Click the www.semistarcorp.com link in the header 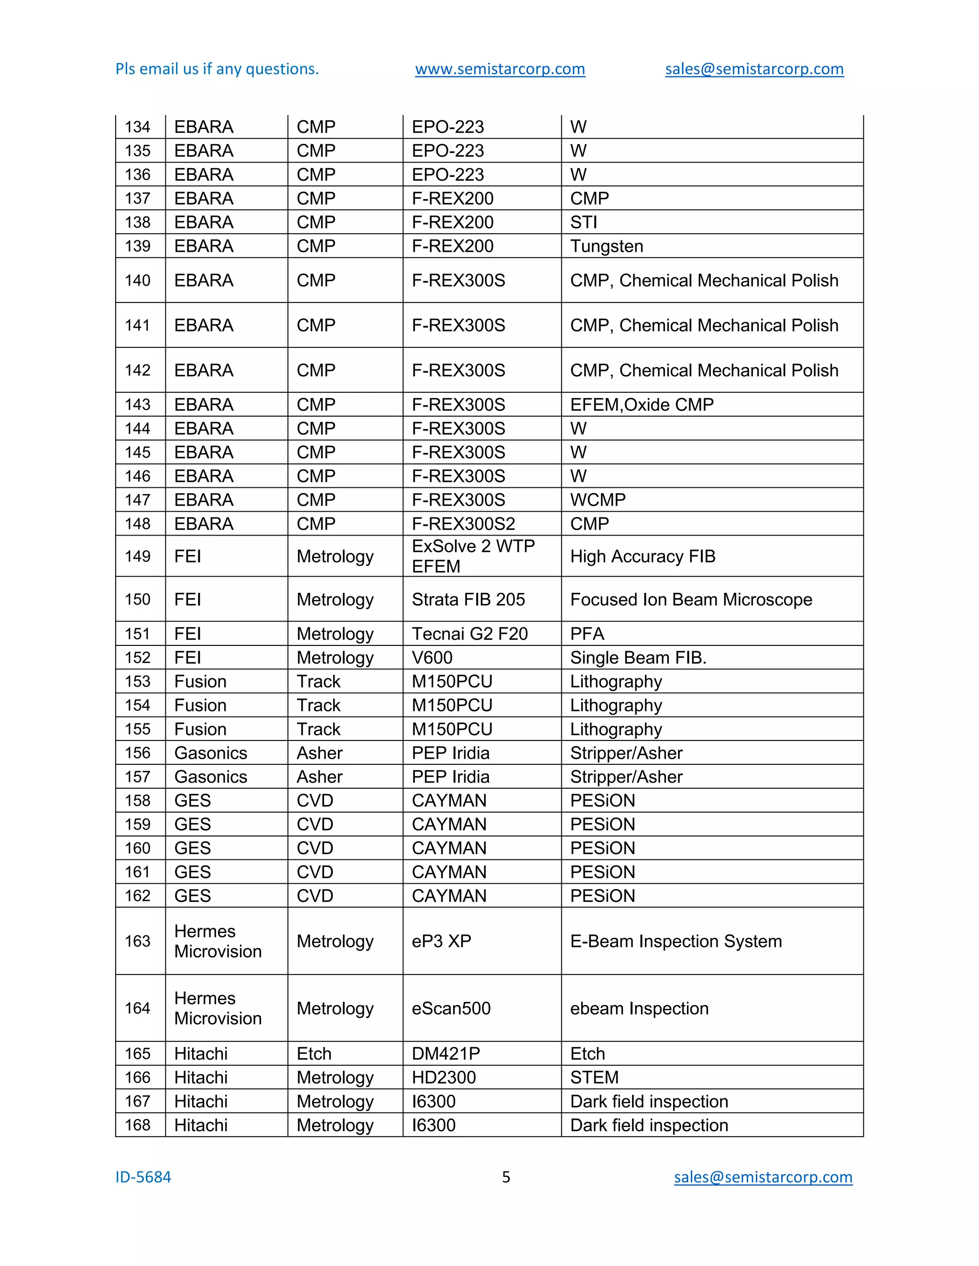500,69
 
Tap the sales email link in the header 754,69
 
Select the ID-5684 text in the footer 143,1177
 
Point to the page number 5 506,1177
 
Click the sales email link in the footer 762,1177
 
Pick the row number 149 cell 138,556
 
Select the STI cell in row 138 584,222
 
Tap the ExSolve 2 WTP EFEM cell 473,556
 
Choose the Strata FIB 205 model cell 468,600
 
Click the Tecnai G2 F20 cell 469,633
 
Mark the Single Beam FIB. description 638,657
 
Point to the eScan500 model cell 451,1008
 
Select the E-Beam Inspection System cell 675,941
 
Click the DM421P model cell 446,1053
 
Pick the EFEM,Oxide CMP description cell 642,405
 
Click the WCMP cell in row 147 598,500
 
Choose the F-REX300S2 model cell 463,524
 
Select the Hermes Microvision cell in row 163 218,941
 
